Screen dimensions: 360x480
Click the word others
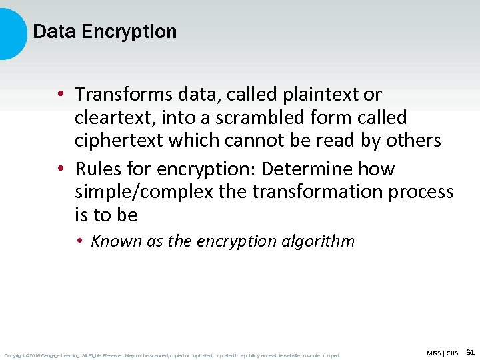point(414,141)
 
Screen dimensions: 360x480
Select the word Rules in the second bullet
point(95,169)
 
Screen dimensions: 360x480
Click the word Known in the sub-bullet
point(116,241)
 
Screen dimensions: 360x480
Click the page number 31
point(470,351)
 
